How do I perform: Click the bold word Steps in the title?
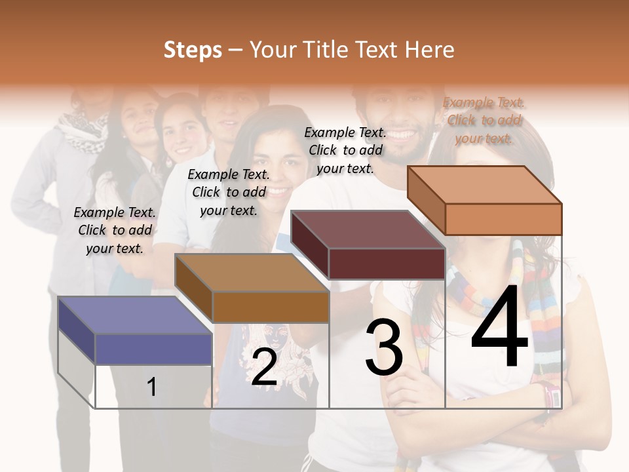coord(192,50)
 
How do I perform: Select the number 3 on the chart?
coord(383,347)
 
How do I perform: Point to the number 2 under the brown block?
coord(264,367)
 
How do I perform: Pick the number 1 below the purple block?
coord(152,387)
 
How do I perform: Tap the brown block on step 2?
coord(252,288)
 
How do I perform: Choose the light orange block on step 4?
coord(485,200)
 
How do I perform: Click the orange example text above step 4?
coord(484,120)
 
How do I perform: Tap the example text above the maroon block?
coord(345,150)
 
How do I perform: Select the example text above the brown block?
coord(229,192)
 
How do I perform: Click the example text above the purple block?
coord(115,230)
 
